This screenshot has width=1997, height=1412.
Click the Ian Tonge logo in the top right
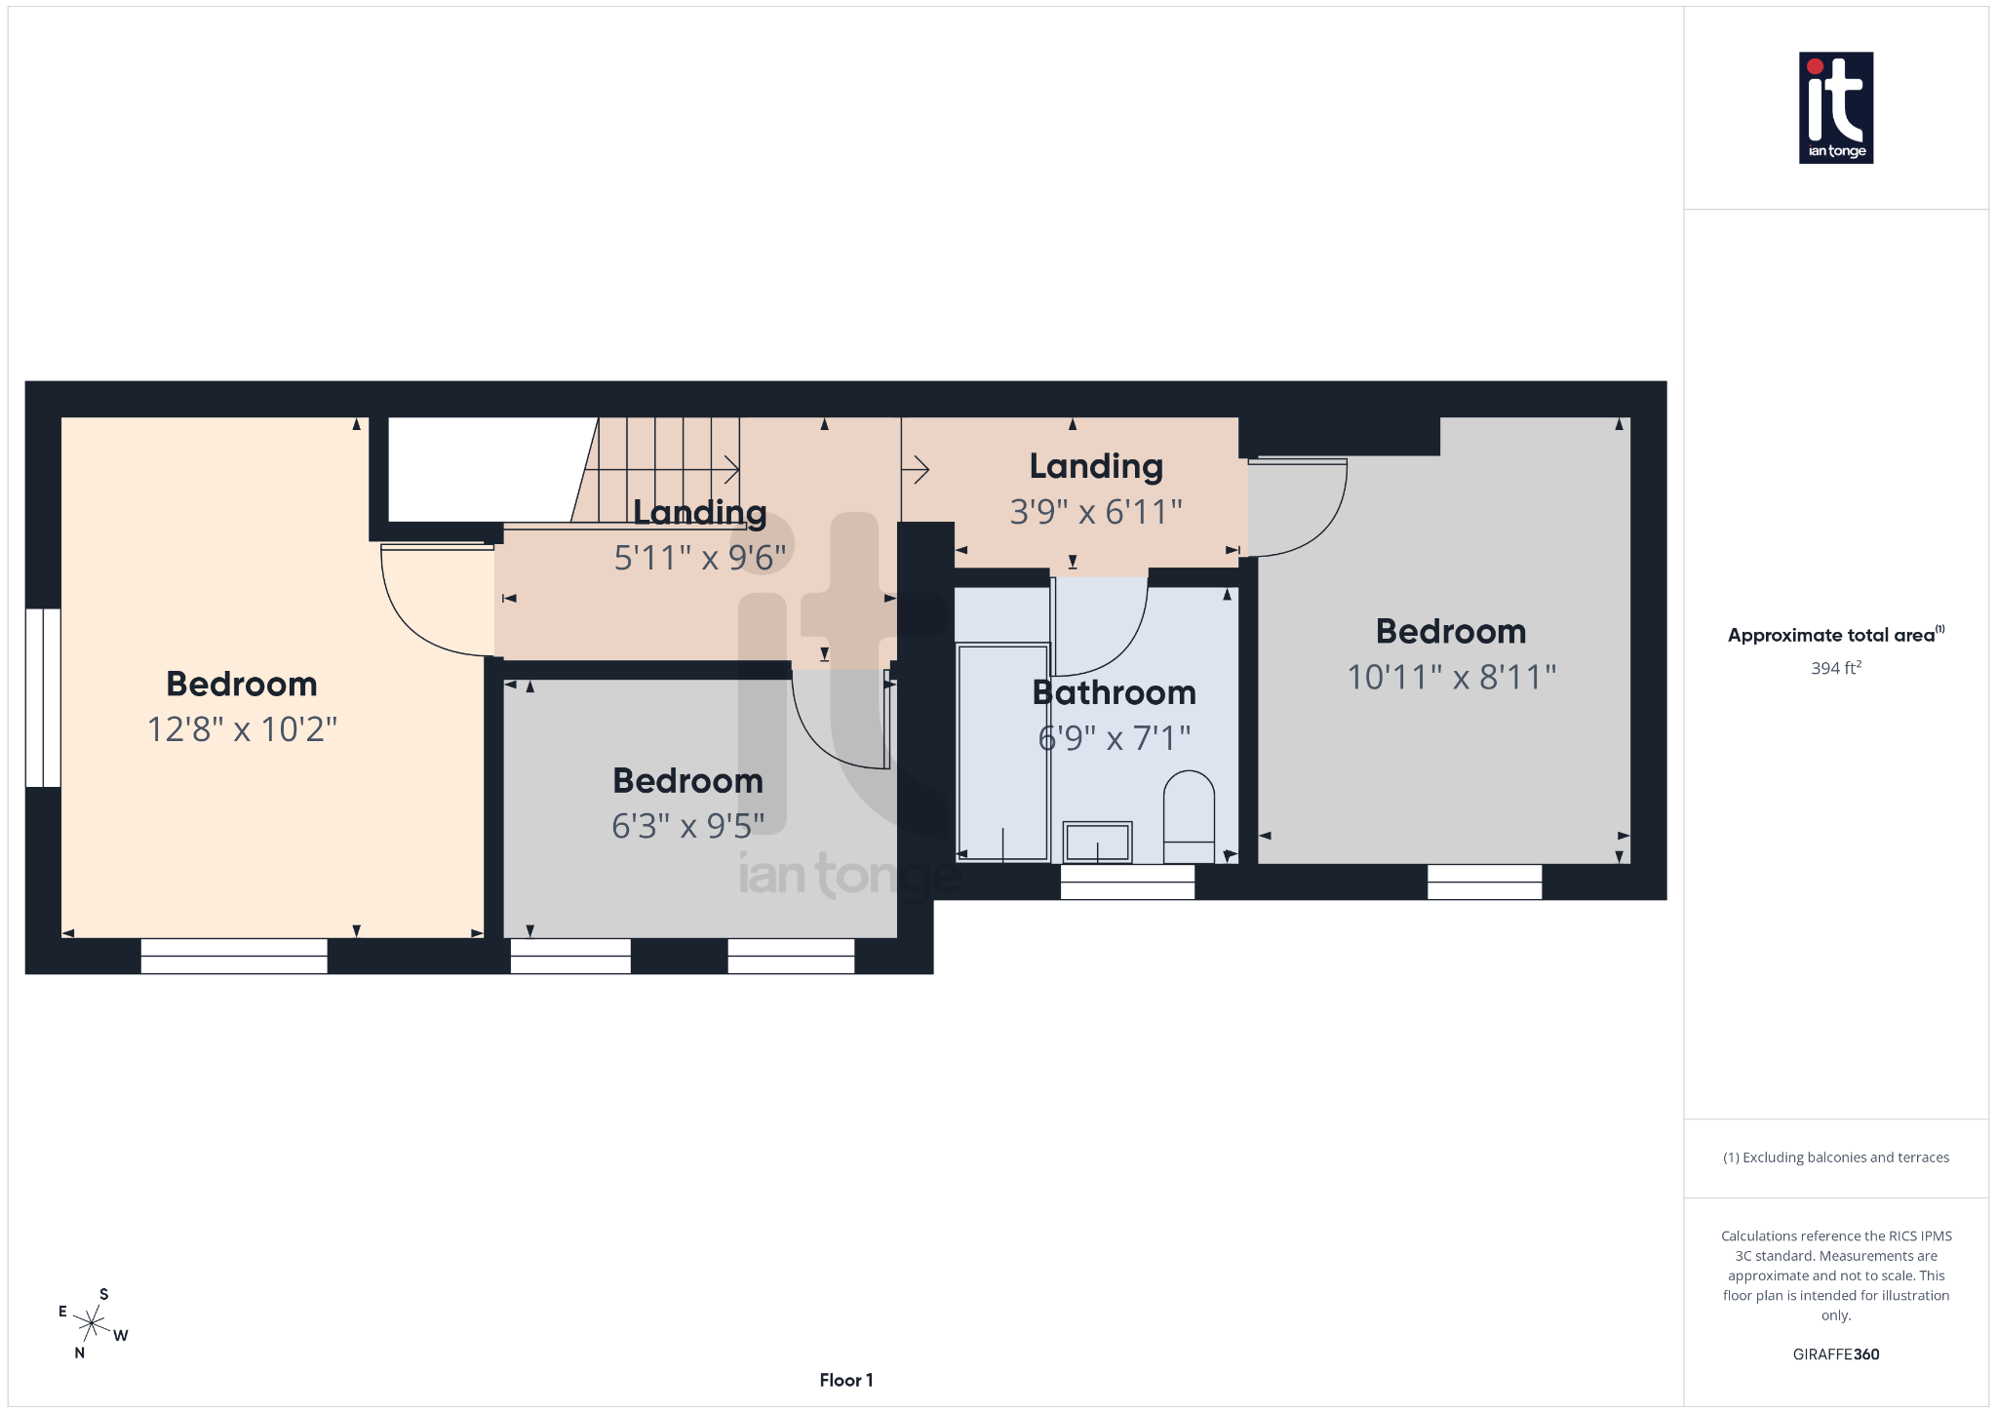tap(1835, 107)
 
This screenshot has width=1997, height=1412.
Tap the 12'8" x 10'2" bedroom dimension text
tap(242, 729)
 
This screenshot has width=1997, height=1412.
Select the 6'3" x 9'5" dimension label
tap(687, 826)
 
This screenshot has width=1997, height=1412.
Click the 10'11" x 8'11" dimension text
tap(1451, 677)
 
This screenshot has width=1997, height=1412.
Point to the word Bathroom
tap(1114, 693)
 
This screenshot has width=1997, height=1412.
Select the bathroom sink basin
tap(1097, 842)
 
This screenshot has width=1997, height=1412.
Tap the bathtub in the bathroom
tap(1002, 751)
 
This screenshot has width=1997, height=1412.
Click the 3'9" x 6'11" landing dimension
tap(1096, 512)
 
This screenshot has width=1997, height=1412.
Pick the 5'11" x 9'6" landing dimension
tap(699, 559)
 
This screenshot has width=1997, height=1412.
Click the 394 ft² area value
tap(1835, 669)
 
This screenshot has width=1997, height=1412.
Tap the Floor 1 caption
tap(845, 1380)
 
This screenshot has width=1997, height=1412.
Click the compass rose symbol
tap(92, 1324)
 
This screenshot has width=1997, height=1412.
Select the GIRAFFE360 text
tap(1835, 1354)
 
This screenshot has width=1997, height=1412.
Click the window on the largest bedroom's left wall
tap(43, 697)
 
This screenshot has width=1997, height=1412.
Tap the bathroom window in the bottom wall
tap(1127, 882)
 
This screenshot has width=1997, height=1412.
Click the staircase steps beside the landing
tap(663, 468)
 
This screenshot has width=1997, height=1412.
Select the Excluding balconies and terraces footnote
tap(1835, 1157)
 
